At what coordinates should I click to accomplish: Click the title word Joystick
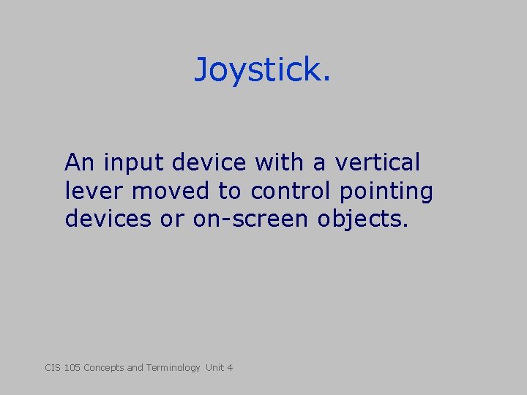pyautogui.click(x=262, y=71)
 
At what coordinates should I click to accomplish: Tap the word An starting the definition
pyautogui.click(x=81, y=162)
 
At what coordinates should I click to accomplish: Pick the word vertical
pyautogui.click(x=378, y=162)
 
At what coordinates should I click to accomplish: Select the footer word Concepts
pyautogui.click(x=103, y=368)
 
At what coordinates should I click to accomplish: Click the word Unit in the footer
pyautogui.click(x=214, y=367)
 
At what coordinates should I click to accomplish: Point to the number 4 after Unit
pyautogui.click(x=230, y=367)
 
